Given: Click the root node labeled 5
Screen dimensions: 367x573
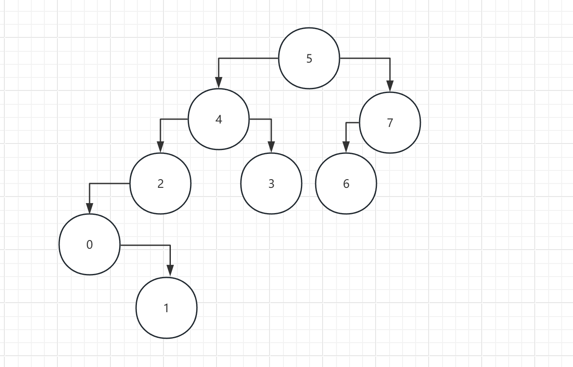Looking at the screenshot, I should tap(309, 58).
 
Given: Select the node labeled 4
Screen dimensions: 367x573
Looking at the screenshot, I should tap(219, 119).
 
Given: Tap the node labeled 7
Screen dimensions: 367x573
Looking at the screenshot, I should tap(390, 123).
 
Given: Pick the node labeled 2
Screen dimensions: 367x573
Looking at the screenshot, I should tap(160, 183).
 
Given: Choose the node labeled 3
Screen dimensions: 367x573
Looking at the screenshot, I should tap(271, 183).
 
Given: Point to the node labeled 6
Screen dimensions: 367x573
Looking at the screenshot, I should tap(346, 183).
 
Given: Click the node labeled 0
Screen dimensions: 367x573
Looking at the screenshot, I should tap(90, 244).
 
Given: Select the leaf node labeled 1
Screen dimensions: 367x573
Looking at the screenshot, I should tap(167, 308).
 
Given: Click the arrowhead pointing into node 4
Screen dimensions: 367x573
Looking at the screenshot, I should tap(219, 83).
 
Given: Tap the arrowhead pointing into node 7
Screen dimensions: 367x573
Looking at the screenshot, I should tap(390, 87).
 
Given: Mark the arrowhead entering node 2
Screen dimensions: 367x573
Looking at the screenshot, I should tap(160, 148).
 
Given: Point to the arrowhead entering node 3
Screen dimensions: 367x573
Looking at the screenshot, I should tap(271, 148).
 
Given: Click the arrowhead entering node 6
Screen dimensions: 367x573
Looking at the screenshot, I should tap(346, 148).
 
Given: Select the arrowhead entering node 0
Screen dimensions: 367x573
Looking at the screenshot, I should tap(90, 209).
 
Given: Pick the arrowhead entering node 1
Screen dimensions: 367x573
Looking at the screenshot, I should tap(170, 272).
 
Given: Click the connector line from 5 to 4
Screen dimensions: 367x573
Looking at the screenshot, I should tap(248, 58).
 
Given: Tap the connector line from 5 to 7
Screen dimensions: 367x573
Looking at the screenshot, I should tap(365, 58).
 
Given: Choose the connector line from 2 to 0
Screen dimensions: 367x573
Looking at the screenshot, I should tap(109, 183).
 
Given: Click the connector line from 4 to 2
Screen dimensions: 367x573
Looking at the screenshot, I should tap(174, 119).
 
